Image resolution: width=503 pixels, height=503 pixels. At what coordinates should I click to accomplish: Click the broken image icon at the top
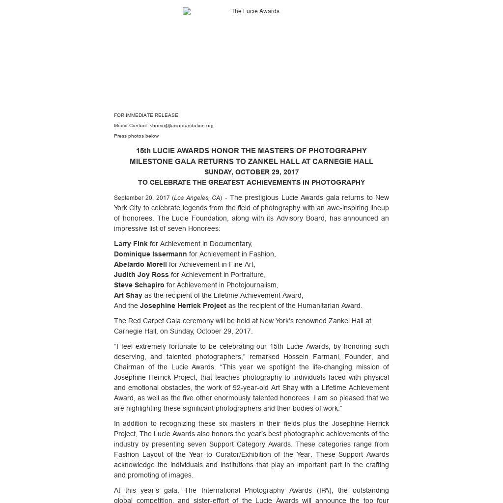pyautogui.click(x=187, y=11)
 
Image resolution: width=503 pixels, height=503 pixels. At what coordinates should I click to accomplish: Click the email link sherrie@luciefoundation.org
pyautogui.click(x=181, y=126)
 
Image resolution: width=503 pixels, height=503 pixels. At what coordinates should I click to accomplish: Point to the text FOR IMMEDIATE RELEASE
pyautogui.click(x=146, y=115)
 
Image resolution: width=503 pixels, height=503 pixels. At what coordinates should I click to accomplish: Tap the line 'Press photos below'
pyautogui.click(x=136, y=136)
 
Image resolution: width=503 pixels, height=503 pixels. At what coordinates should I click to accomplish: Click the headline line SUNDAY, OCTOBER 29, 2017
pyautogui.click(x=251, y=172)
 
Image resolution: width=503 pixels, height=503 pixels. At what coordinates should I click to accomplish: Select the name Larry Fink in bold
pyautogui.click(x=131, y=244)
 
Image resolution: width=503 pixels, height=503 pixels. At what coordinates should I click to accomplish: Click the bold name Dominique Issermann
pyautogui.click(x=150, y=254)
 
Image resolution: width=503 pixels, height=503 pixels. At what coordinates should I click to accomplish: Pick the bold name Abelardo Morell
pyautogui.click(x=140, y=264)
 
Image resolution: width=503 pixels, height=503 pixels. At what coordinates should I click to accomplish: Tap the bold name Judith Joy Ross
pyautogui.click(x=141, y=275)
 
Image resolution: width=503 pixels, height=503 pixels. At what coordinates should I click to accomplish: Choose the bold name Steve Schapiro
pyautogui.click(x=139, y=285)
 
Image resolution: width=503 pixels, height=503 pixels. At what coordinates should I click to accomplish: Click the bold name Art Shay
pyautogui.click(x=128, y=295)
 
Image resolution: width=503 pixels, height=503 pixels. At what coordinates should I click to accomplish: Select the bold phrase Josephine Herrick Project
pyautogui.click(x=183, y=306)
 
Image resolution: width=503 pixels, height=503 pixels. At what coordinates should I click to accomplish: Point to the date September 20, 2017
pyautogui.click(x=141, y=198)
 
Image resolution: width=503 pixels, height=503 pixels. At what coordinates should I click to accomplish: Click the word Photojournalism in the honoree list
pyautogui.click(x=252, y=285)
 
